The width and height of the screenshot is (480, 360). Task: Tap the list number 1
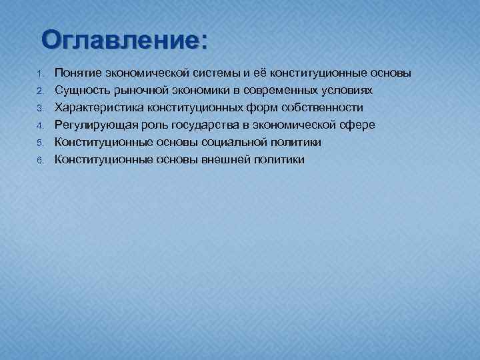point(40,73)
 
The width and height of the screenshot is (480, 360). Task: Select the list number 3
point(40,107)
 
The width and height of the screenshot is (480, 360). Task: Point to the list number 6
point(40,159)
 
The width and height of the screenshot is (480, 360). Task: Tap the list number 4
point(40,125)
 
